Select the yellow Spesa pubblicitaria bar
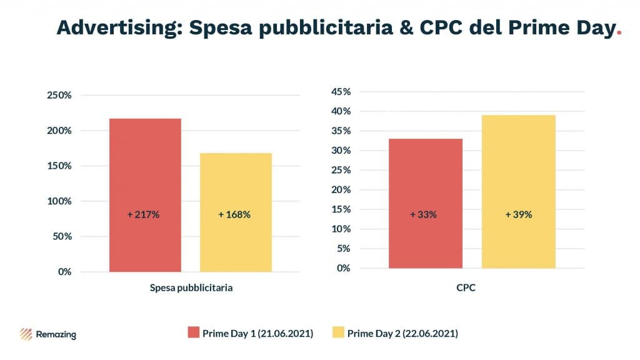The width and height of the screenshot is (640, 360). [236, 212]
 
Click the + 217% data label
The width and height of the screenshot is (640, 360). [143, 214]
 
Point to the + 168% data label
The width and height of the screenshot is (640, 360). [234, 214]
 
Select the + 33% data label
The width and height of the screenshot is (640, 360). [423, 214]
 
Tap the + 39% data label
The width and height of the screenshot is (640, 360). [518, 214]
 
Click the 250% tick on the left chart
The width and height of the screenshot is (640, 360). [59, 96]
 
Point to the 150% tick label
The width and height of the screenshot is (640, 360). [59, 166]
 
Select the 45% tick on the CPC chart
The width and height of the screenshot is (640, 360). [341, 92]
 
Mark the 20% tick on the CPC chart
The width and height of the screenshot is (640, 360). [341, 190]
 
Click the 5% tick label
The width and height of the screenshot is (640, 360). [344, 249]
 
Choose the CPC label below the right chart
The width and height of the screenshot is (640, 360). [470, 289]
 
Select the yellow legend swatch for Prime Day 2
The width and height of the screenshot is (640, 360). [337, 333]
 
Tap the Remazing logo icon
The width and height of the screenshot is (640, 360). [27, 334]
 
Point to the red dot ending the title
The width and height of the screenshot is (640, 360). [618, 34]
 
